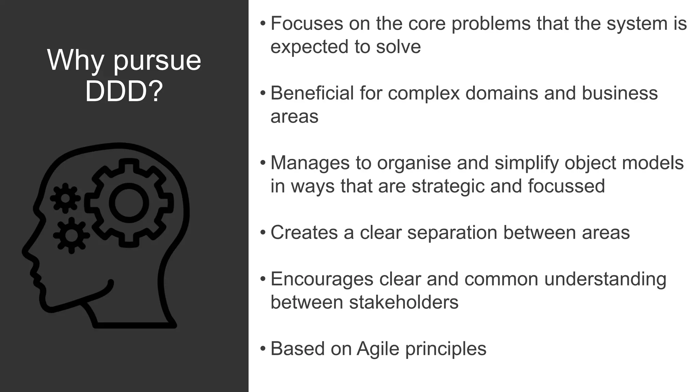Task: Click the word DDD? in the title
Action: tap(124, 92)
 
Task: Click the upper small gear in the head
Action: tap(65, 198)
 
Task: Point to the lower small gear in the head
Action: tap(71, 235)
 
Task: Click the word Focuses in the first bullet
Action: tap(307, 23)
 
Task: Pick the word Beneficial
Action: tap(312, 93)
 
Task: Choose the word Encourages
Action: tap(322, 279)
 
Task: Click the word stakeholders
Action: tap(404, 302)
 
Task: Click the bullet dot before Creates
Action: tap(262, 233)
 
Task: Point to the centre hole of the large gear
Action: tap(128, 203)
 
